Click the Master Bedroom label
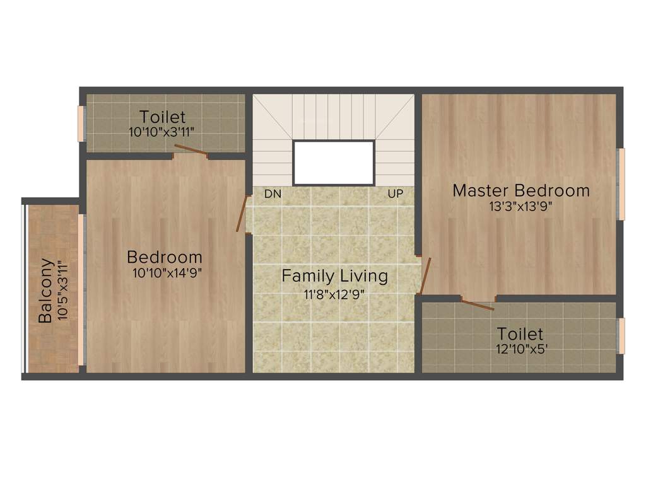[521, 190]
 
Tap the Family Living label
[334, 276]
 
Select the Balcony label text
[45, 290]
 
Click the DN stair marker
[273, 194]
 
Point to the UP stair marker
[396, 194]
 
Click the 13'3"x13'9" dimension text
[521, 207]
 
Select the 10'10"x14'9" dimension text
[167, 273]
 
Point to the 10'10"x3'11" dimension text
[163, 132]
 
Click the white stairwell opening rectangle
[334, 163]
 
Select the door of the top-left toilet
[191, 150]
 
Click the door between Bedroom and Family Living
[242, 213]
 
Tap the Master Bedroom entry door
[425, 275]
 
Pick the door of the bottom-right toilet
[477, 305]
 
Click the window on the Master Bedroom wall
[621, 184]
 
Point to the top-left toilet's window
[81, 124]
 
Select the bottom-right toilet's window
[621, 336]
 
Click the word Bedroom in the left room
[165, 257]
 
